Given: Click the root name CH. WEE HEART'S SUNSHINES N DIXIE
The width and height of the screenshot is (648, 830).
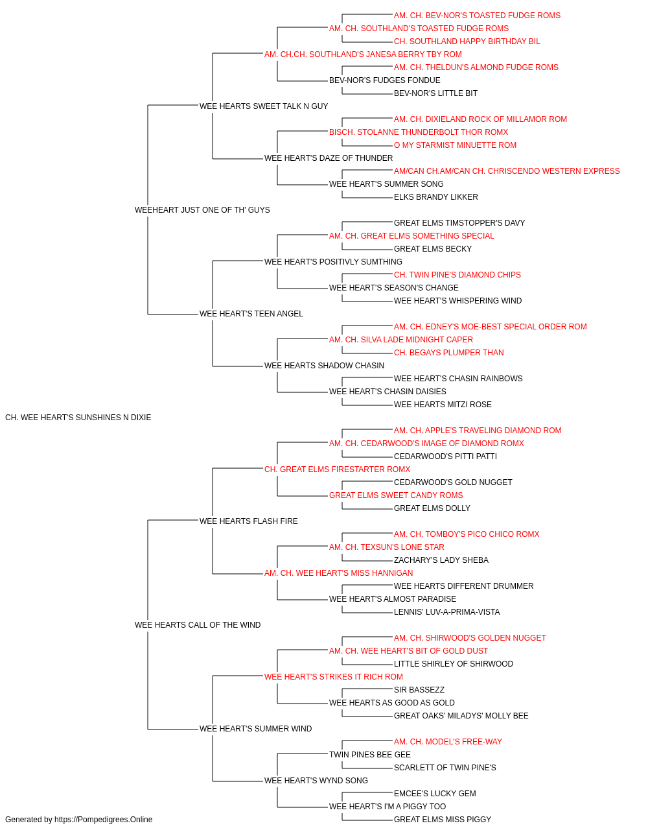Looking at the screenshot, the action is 78,418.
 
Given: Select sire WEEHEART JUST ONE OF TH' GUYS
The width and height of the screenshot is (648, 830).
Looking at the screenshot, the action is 202,210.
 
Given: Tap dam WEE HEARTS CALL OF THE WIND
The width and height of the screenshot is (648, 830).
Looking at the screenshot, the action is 198,625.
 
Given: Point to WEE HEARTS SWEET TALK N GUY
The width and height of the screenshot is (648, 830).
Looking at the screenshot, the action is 264,106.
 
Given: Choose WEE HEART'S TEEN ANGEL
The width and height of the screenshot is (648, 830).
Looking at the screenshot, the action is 251,314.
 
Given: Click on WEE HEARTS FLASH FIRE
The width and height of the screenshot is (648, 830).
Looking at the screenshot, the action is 248,521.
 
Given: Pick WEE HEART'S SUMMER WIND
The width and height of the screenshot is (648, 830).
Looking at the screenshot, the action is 255,728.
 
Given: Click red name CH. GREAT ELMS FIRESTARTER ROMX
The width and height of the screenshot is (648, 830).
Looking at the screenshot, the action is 337,469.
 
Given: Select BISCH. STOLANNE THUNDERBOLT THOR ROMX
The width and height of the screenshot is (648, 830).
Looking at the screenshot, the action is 418,132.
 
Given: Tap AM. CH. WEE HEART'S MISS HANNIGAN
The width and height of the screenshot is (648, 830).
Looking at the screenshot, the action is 338,573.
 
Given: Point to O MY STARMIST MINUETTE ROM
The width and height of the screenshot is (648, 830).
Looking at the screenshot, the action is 455,145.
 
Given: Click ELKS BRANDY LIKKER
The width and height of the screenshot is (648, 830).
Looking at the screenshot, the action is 436,197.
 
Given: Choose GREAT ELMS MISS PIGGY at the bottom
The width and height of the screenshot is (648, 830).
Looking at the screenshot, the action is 443,820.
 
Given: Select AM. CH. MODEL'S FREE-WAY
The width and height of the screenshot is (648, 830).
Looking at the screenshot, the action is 448,741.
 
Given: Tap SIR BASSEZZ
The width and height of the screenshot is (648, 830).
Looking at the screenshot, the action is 419,690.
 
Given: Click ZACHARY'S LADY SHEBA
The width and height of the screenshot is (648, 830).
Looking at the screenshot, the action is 441,560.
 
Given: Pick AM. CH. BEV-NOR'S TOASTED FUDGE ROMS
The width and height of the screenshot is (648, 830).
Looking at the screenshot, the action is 477,16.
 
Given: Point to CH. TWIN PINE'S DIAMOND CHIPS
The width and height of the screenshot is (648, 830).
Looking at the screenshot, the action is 457,275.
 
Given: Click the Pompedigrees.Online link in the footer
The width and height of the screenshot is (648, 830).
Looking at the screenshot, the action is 104,820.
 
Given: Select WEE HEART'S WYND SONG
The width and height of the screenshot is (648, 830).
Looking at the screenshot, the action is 316,780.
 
